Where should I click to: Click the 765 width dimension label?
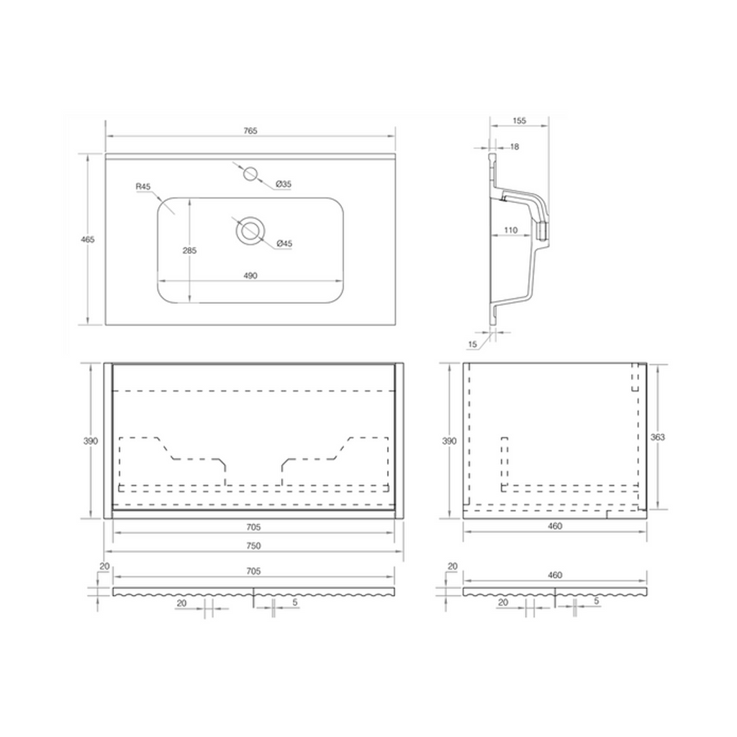point(250,131)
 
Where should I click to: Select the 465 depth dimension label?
point(88,239)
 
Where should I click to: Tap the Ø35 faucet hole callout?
point(284,184)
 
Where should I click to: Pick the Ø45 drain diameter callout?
point(284,243)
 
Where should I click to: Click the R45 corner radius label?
point(143,186)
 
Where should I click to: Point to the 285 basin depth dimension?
point(189,250)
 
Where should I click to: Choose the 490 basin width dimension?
point(250,276)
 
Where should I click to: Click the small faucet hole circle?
point(250,173)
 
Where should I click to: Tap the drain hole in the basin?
point(250,231)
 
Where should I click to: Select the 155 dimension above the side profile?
point(519,121)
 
